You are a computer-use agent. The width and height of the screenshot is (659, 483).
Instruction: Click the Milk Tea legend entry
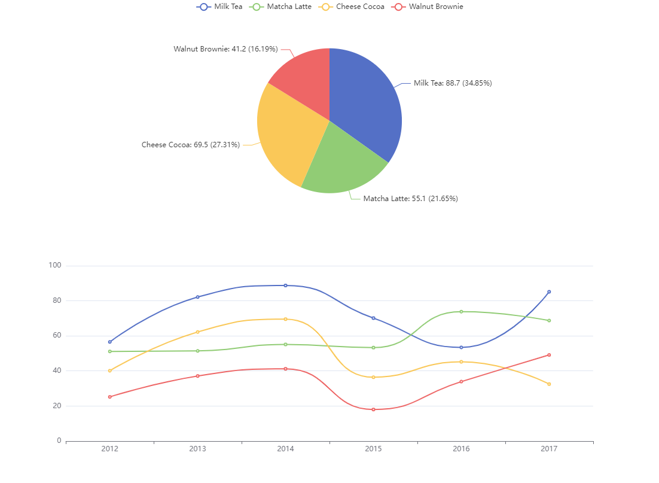pos(219,7)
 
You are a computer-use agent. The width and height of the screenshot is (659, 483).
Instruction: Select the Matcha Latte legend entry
pos(280,7)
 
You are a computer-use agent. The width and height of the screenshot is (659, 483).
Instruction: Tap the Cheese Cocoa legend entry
pos(352,7)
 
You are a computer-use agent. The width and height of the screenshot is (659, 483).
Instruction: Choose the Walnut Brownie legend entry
pos(427,7)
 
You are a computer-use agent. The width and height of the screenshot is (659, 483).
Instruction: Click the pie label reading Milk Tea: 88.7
pos(453,83)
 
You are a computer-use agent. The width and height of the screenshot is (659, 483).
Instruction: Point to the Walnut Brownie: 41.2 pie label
pos(225,49)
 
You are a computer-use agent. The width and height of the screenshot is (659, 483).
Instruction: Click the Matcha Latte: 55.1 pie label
pos(411,198)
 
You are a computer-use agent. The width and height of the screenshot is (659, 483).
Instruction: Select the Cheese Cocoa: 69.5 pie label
pos(191,144)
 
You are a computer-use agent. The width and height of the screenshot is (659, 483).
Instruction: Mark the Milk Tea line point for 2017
pos(549,291)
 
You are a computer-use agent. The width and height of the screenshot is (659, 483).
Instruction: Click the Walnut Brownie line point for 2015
pos(373,409)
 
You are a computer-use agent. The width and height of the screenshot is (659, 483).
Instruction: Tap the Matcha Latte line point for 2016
pos(461,312)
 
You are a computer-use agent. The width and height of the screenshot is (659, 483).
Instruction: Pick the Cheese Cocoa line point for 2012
pos(109,370)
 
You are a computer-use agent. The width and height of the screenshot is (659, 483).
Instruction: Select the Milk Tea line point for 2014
pos(285,285)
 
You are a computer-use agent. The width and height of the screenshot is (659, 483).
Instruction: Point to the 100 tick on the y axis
pos(55,265)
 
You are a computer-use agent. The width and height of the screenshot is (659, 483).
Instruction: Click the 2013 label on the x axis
pos(197,448)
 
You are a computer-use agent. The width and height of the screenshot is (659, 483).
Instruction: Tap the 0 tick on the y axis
pos(59,441)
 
